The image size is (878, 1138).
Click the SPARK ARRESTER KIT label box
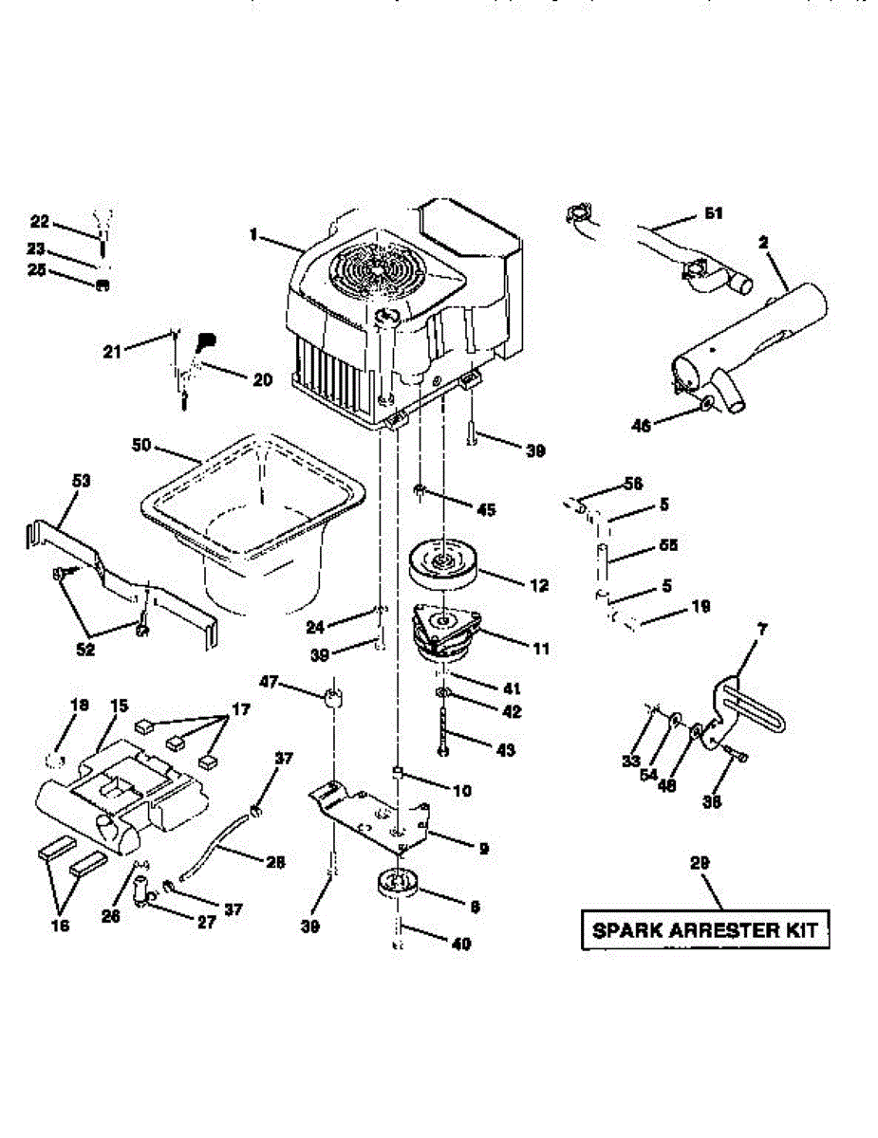tap(704, 929)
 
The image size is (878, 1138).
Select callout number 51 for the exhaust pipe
tap(714, 214)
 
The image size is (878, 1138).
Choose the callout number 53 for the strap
tap(81, 481)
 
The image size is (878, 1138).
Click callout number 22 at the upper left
tap(39, 222)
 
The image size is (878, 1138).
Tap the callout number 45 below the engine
tap(487, 510)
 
